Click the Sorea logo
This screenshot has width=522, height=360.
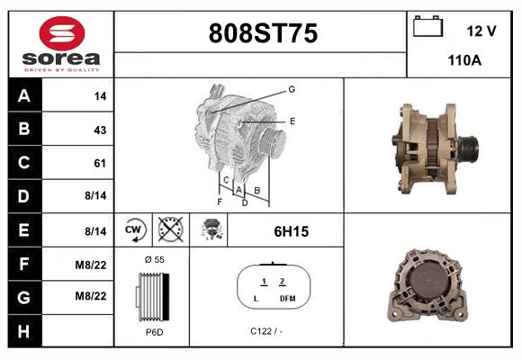pyautogui.click(x=60, y=44)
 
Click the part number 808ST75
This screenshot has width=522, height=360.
pyautogui.click(x=262, y=34)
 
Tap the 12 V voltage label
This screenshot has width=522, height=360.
pyautogui.click(x=481, y=31)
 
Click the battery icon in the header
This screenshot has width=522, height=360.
pyautogui.click(x=429, y=28)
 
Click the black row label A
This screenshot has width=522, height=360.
pyautogui.click(x=23, y=95)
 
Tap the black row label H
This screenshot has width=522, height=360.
pyautogui.click(x=23, y=330)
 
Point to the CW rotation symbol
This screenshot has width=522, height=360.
pyautogui.click(x=134, y=230)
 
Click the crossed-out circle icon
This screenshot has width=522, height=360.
pyautogui.click(x=171, y=230)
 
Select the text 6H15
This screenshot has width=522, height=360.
pyautogui.click(x=291, y=231)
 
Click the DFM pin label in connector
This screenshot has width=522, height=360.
pyautogui.click(x=286, y=298)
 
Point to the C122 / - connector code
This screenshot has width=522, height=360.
pyautogui.click(x=267, y=332)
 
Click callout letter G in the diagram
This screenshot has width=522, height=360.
pyautogui.click(x=292, y=89)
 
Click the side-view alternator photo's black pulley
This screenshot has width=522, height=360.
pyautogui.click(x=468, y=146)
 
